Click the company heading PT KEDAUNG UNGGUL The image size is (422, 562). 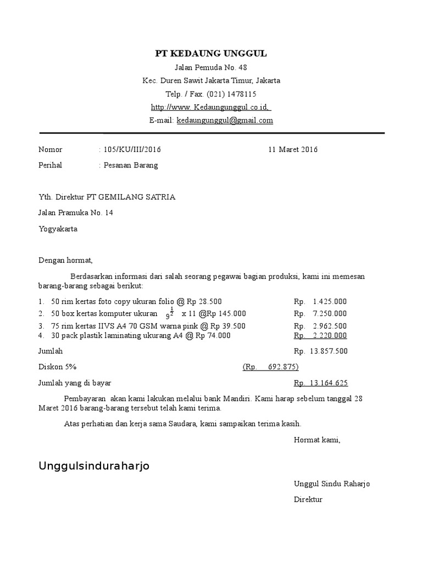pyautogui.click(x=211, y=53)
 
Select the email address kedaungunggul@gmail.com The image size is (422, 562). pyautogui.click(x=225, y=120)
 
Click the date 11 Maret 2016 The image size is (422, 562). pyautogui.click(x=293, y=149)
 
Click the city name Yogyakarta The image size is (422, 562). pyautogui.click(x=58, y=229)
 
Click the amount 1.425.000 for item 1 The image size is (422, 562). pyautogui.click(x=329, y=301)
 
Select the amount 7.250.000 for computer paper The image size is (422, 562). pyautogui.click(x=329, y=313)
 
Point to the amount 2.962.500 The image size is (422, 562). pyautogui.click(x=329, y=326)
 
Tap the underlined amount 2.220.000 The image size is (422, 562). pyautogui.click(x=329, y=335)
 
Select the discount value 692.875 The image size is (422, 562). pyautogui.click(x=283, y=367)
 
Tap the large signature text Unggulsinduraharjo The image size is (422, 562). pyautogui.click(x=94, y=466)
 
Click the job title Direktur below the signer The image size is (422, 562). pyautogui.click(x=308, y=499)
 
